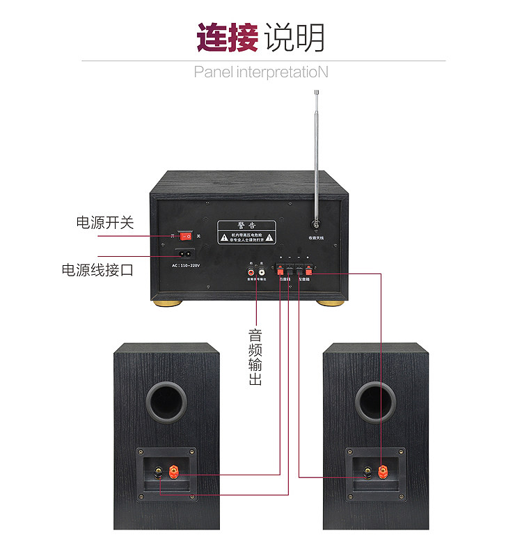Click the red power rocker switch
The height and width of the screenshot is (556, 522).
[x=186, y=236]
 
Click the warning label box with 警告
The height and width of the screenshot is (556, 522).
[x=246, y=232]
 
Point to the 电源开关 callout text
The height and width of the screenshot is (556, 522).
[x=104, y=223]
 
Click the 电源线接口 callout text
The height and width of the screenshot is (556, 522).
[x=97, y=270]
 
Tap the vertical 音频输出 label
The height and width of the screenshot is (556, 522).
[x=255, y=354]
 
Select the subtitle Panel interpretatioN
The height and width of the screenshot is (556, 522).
[x=261, y=72]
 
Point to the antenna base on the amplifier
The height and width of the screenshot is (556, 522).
[x=317, y=225]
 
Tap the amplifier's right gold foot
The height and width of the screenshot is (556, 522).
[x=331, y=303]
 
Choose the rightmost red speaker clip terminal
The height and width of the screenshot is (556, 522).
[x=308, y=271]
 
